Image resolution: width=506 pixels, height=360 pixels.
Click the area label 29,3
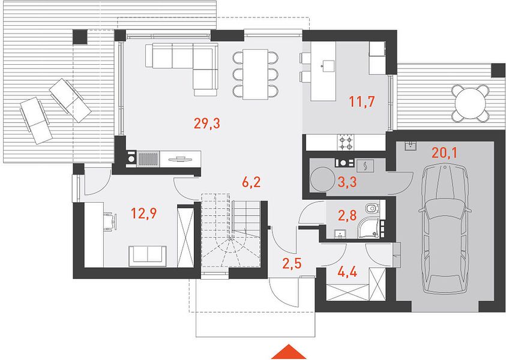tap(207, 123)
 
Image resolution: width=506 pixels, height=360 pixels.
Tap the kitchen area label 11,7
tap(362, 101)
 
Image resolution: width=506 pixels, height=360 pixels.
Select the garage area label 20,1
tap(444, 153)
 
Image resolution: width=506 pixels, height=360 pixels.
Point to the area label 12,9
tap(143, 213)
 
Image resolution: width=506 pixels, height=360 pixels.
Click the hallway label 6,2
tap(251, 182)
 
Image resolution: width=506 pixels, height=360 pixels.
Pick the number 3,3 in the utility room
tap(347, 182)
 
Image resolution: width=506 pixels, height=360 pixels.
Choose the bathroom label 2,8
tap(347, 215)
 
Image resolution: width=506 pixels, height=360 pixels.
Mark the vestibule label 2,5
tap(292, 263)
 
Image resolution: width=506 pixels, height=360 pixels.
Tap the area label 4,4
tap(347, 272)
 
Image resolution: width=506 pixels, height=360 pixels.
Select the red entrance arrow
tap(289, 352)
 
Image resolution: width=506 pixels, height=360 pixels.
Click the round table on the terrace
tap(470, 103)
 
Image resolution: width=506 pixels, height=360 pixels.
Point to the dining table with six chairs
tap(255, 74)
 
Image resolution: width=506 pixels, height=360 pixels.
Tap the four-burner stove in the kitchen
tap(346, 142)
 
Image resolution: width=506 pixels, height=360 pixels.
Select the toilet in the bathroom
tap(372, 208)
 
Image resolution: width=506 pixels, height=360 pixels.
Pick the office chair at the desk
tap(110, 221)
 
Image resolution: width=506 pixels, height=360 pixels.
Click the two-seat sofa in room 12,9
tap(148, 256)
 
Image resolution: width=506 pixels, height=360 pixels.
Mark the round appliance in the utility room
tap(322, 179)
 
